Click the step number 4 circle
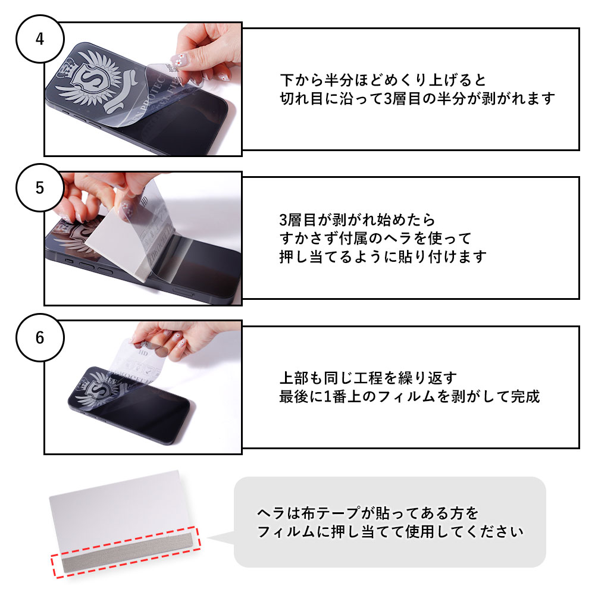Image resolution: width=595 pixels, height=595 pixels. click(40, 39)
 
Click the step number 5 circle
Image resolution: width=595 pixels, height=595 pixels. click(40, 188)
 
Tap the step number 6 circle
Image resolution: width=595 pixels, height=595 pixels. click(40, 337)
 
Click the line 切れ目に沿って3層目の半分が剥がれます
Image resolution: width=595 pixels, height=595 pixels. click(416, 98)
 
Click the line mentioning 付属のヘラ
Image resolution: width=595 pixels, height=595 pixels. click(375, 238)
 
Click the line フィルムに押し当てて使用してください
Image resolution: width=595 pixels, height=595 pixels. click(390, 531)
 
